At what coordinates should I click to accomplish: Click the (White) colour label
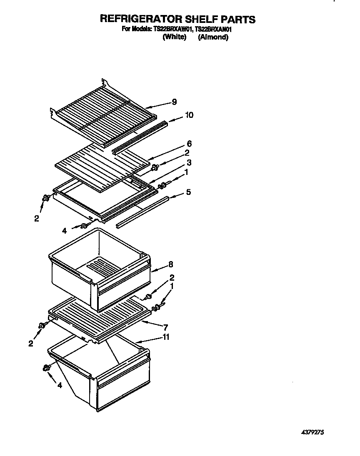[174, 37]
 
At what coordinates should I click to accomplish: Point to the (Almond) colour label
[213, 37]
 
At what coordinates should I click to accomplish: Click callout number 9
[174, 102]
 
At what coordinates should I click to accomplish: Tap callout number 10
[189, 115]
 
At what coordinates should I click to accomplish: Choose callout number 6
[189, 144]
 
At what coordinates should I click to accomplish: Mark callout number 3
[189, 162]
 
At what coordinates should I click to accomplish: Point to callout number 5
[188, 192]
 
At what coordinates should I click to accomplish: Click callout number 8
[171, 264]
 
